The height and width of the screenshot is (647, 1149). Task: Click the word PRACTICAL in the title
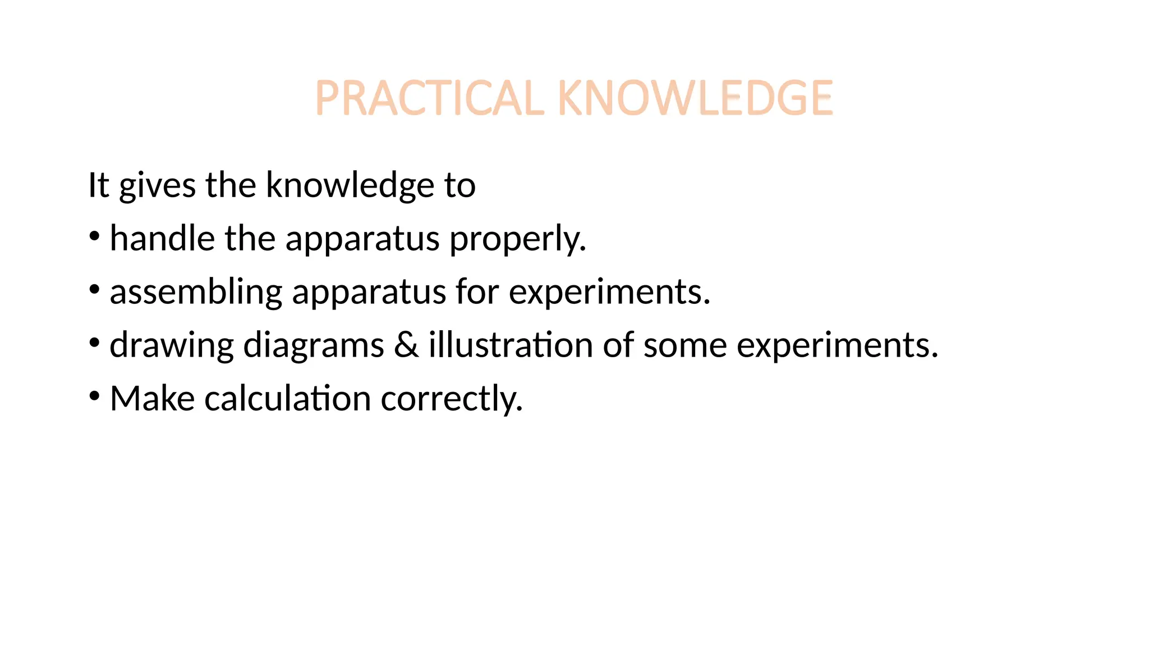(430, 98)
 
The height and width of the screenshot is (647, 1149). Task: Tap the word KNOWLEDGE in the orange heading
(695, 98)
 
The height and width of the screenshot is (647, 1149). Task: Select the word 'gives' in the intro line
(157, 186)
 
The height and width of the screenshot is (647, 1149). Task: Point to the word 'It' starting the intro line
(98, 185)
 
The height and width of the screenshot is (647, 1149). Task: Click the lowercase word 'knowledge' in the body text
(350, 185)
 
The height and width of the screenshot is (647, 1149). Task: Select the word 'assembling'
(196, 292)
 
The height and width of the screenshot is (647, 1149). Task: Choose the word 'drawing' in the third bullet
(171, 345)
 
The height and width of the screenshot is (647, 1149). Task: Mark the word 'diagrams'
(314, 345)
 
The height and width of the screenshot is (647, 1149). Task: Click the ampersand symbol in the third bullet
(406, 345)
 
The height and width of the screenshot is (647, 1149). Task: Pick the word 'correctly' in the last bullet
(451, 399)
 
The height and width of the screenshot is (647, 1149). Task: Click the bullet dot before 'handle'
(94, 236)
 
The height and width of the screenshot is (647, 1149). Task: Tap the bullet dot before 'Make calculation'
(94, 396)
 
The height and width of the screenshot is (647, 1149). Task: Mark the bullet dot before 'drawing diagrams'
(94, 343)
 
